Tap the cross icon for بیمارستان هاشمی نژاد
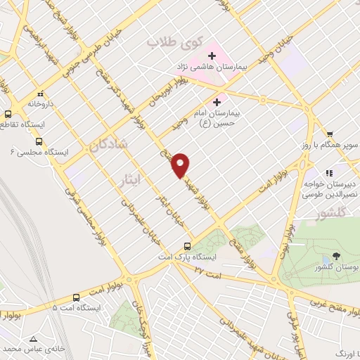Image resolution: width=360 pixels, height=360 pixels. coord(211,56)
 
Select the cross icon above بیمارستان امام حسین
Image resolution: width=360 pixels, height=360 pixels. coord(226,103)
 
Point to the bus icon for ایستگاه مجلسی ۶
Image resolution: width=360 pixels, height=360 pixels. coord(47,140)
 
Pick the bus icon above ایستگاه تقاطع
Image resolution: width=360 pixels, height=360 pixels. coord(8,113)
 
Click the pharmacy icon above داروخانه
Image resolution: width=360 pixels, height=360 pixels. coord(41,94)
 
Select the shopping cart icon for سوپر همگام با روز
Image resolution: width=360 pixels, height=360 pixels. coord(330,134)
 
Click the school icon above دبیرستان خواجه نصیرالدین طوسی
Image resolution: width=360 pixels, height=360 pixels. coord(328,172)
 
